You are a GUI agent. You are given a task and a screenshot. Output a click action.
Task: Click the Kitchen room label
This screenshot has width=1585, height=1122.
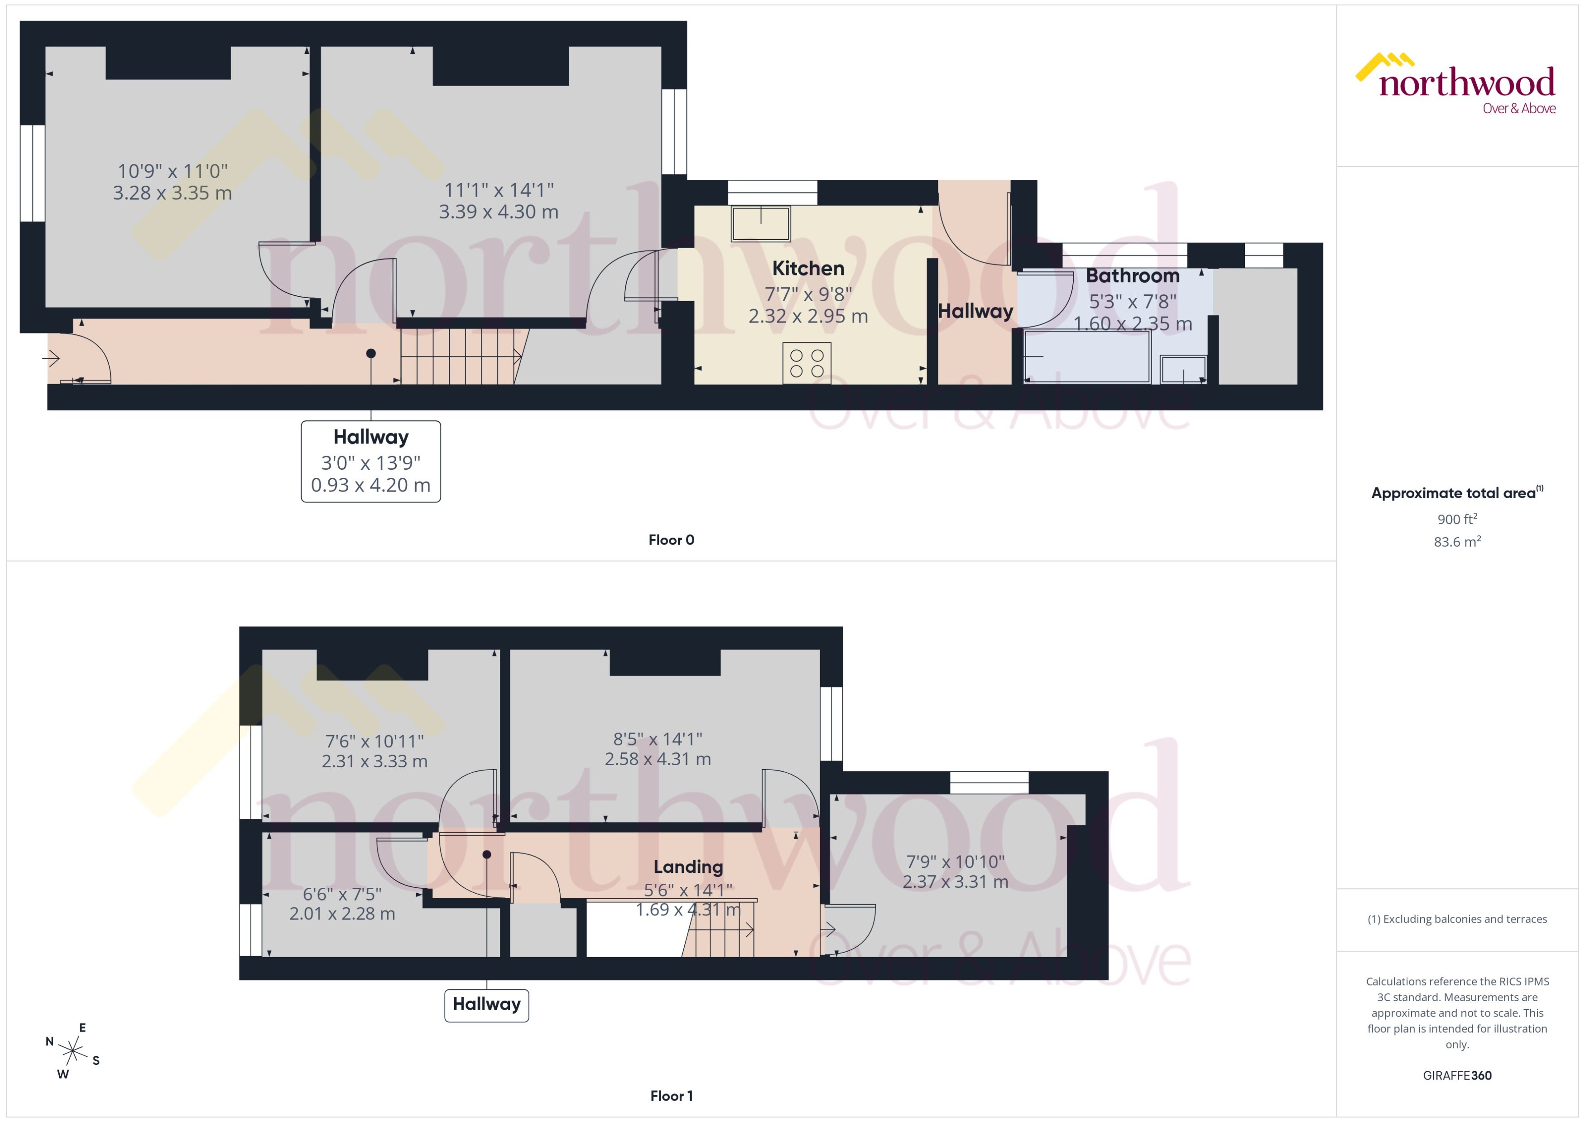click(807, 268)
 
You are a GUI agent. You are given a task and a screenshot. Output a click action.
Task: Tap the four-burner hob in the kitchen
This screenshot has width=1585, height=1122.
click(807, 363)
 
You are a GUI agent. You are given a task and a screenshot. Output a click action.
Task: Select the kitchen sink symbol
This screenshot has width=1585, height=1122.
click(760, 223)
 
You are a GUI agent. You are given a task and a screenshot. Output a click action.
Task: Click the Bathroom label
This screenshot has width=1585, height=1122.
click(1132, 276)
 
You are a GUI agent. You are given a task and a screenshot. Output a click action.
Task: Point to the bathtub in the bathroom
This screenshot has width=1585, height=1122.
click(1086, 356)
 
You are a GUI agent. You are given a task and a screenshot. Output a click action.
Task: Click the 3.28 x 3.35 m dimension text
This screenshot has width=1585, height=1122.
click(172, 193)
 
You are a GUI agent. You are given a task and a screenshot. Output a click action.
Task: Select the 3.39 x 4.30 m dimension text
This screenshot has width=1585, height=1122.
click(498, 212)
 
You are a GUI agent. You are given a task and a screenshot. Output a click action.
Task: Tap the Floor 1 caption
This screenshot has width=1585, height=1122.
click(671, 1096)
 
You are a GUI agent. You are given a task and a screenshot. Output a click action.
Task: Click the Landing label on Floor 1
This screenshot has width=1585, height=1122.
click(688, 867)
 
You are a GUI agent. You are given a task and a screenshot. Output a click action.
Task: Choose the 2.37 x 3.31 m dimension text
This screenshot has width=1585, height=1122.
click(955, 881)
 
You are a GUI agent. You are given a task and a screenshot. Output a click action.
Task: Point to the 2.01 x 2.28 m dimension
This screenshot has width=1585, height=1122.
click(342, 913)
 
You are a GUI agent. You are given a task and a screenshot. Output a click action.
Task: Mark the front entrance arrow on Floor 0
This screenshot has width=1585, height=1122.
click(51, 358)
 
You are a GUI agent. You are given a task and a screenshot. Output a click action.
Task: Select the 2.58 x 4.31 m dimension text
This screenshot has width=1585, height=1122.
click(658, 759)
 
